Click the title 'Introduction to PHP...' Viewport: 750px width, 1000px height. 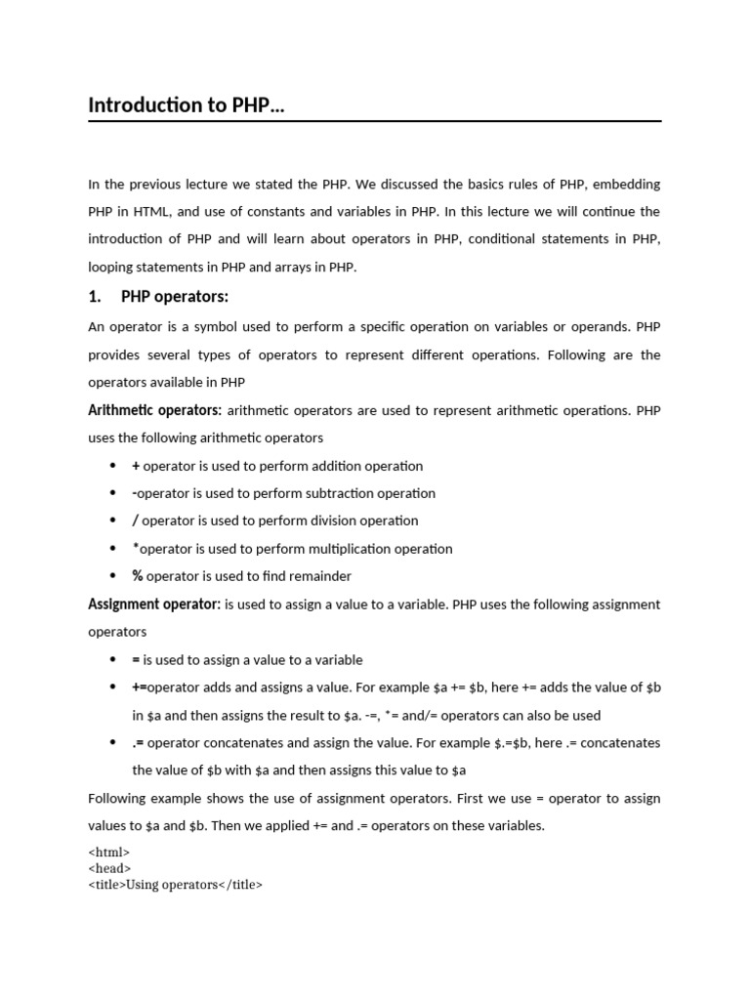pos(187,105)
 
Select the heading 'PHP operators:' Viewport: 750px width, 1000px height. pos(175,297)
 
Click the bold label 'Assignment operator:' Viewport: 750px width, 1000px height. pos(154,604)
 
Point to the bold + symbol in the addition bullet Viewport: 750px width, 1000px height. pos(137,466)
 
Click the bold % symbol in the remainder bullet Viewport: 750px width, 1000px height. pos(138,576)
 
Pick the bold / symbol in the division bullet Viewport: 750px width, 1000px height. pos(136,521)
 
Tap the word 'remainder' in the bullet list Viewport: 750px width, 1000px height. pos(318,576)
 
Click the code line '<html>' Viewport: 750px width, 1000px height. pos(109,853)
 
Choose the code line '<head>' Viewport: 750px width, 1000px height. pos(109,868)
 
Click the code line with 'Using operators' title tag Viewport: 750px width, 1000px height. pos(176,885)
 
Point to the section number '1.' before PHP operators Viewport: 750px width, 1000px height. pos(95,297)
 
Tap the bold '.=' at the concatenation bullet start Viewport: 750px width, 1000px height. pos(138,742)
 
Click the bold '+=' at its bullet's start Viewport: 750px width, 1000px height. pos(140,687)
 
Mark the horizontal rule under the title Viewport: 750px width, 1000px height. pos(375,122)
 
